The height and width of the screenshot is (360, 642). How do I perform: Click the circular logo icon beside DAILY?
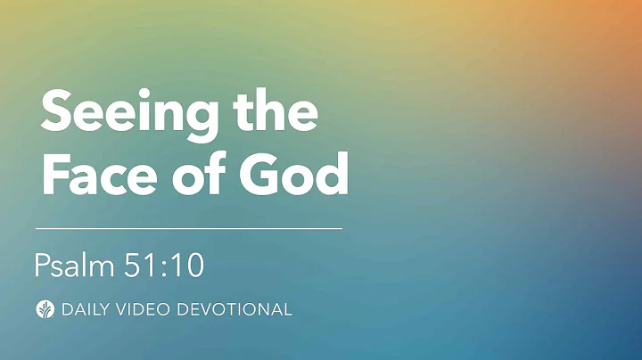pyautogui.click(x=44, y=310)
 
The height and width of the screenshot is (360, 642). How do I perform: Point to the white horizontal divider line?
pyautogui.click(x=188, y=229)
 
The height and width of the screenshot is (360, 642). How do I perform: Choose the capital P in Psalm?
pyautogui.click(x=41, y=265)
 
